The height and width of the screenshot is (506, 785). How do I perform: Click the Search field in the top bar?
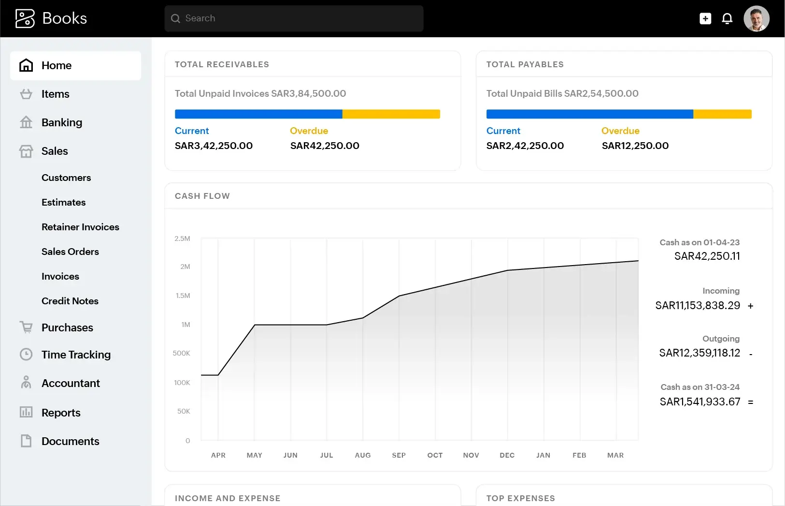(294, 18)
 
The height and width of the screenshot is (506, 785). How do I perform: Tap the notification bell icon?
(727, 18)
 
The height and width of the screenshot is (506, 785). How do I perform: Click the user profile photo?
(756, 18)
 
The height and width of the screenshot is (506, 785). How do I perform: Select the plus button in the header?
(705, 18)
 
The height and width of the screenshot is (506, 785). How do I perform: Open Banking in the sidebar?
(61, 122)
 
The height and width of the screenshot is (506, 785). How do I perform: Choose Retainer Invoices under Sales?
(80, 227)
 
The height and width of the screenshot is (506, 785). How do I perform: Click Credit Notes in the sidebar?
(70, 301)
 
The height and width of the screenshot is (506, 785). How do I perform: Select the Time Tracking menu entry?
(76, 355)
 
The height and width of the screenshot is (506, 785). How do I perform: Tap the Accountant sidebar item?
(71, 383)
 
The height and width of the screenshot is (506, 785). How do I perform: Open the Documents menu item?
(70, 441)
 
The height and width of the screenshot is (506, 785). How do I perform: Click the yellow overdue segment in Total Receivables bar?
(391, 114)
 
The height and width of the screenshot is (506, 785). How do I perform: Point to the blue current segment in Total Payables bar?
(589, 114)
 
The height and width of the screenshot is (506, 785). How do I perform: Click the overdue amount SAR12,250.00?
(635, 146)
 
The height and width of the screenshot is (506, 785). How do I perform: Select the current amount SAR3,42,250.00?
(214, 146)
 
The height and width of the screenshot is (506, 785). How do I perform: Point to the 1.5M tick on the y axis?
(183, 296)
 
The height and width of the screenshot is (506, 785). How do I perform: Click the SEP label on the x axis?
(399, 455)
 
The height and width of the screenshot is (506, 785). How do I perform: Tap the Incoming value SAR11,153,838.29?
(698, 305)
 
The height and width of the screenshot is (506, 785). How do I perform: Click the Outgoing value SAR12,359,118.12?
(699, 353)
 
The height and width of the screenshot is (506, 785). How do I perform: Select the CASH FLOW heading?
(202, 196)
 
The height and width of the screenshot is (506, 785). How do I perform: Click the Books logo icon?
(25, 18)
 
